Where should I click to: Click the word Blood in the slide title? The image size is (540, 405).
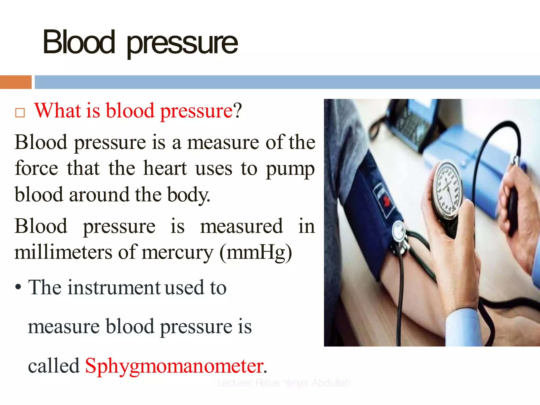pos(79,42)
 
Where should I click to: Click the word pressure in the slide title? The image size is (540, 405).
pos(182,44)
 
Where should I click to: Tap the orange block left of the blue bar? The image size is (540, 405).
pos(16,82)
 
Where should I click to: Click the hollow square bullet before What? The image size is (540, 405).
pos(20,113)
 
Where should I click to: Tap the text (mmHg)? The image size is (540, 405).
pos(256,253)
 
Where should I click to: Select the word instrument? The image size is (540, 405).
pos(114,287)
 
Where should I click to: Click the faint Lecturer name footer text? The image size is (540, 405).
pos(284,383)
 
